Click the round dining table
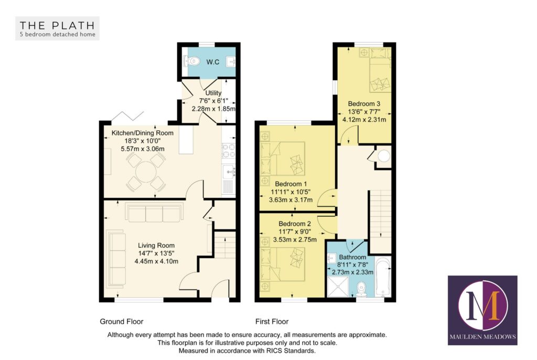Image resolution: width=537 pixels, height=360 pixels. (x=144, y=170)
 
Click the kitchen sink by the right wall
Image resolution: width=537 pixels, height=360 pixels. (x=230, y=171)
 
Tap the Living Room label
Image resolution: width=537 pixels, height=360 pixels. (x=156, y=245)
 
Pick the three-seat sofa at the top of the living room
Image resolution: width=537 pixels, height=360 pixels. (x=154, y=213)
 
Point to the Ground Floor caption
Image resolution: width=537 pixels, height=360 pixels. (x=122, y=321)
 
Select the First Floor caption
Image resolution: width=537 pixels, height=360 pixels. (x=272, y=321)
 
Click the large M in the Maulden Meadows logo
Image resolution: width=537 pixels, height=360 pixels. (x=482, y=307)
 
